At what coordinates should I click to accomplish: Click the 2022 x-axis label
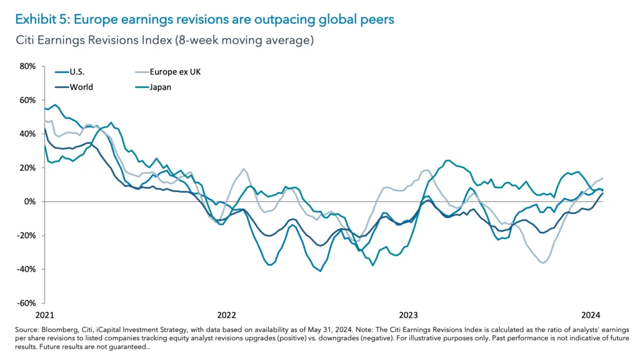tap(226, 314)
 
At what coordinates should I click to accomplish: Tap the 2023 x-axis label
tap(408, 314)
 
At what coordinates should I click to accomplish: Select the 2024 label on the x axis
tap(590, 314)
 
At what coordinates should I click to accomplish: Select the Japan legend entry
tap(160, 87)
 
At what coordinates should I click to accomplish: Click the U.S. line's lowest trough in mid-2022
tap(321, 271)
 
